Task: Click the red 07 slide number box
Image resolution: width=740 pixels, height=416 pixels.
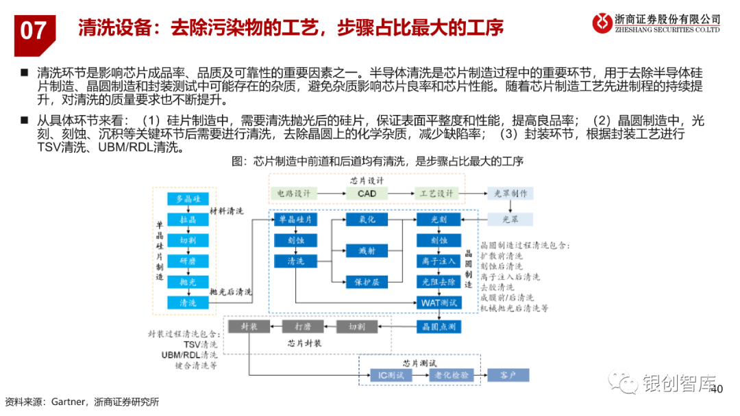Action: pyautogui.click(x=34, y=31)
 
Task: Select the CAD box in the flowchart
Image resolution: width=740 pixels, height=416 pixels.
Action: pyautogui.click(x=367, y=194)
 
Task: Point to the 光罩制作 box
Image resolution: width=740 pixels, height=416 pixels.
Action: pyautogui.click(x=511, y=194)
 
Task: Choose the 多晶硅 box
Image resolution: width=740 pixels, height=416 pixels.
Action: pyautogui.click(x=188, y=199)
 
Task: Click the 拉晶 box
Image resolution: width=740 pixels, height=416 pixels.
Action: pyautogui.click(x=188, y=220)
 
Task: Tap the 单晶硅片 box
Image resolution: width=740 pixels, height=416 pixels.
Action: pyautogui.click(x=295, y=220)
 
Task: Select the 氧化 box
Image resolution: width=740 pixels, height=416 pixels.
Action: pyautogui.click(x=367, y=220)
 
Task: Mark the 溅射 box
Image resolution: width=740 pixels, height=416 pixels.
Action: pyautogui.click(x=367, y=251)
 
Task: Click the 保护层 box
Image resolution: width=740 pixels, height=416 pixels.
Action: pyautogui.click(x=367, y=281)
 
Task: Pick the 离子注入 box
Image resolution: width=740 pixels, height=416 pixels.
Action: pyautogui.click(x=439, y=261)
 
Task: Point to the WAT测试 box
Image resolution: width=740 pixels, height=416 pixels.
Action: pyautogui.click(x=439, y=302)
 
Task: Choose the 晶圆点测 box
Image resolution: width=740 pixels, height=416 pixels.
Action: pyautogui.click(x=439, y=326)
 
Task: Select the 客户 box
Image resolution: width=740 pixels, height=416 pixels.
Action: pyautogui.click(x=508, y=375)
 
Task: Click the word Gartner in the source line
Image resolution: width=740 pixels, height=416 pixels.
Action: pyautogui.click(x=68, y=402)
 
